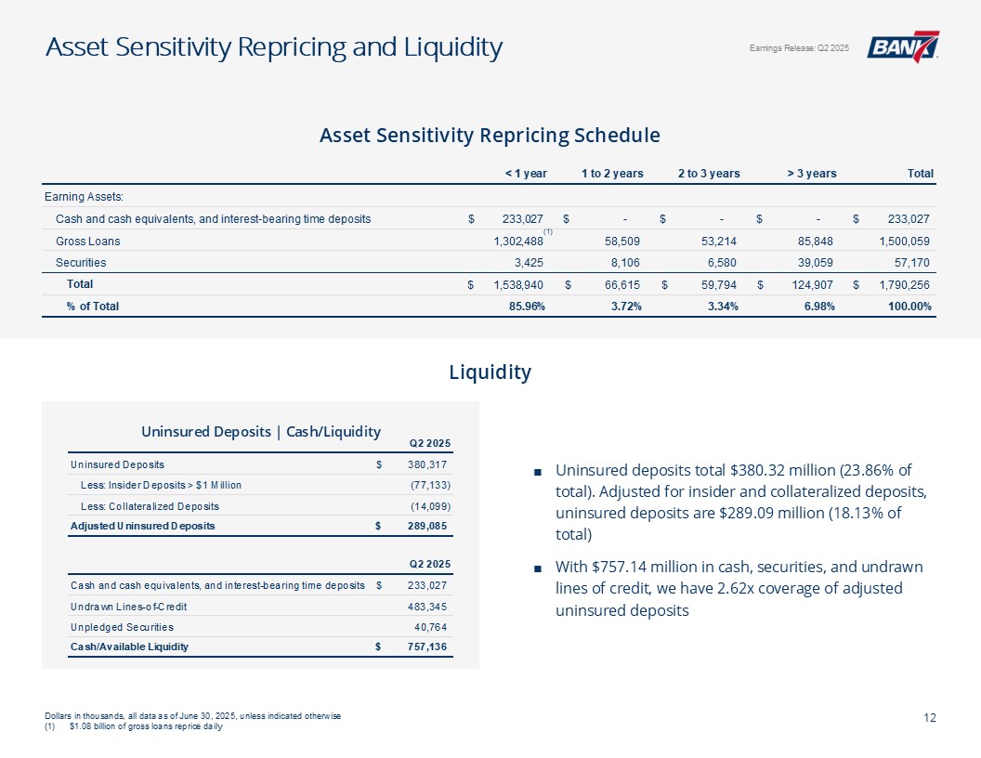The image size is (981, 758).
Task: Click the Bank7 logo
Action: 902,47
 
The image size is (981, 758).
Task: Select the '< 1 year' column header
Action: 525,174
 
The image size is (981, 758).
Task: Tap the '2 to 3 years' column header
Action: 709,174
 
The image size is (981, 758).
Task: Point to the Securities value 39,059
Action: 817,263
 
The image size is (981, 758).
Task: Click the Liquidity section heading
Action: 490,372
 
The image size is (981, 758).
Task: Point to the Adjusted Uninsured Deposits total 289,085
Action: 429,526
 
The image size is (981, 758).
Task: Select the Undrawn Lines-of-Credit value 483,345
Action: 429,606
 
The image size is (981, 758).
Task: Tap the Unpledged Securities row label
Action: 122,627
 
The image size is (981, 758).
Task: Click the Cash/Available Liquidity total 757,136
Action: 429,647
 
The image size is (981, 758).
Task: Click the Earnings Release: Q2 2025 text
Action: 798,48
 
